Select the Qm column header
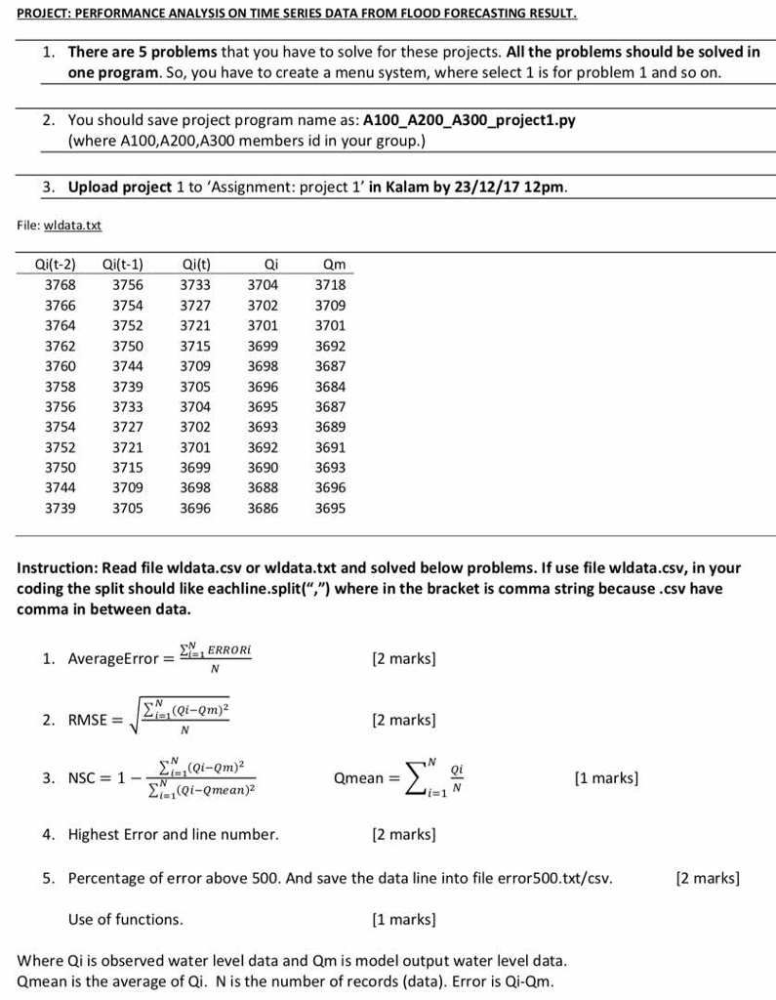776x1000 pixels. click(x=334, y=264)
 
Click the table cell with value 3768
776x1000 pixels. click(x=61, y=284)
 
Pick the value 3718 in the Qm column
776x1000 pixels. click(x=330, y=284)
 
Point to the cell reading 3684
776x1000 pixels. click(x=330, y=386)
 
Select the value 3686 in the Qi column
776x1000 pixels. click(x=263, y=508)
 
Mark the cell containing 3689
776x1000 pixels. click(x=330, y=427)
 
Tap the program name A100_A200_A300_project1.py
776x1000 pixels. click(x=469, y=121)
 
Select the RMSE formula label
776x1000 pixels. click(x=89, y=721)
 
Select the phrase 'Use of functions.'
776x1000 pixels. click(x=125, y=919)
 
